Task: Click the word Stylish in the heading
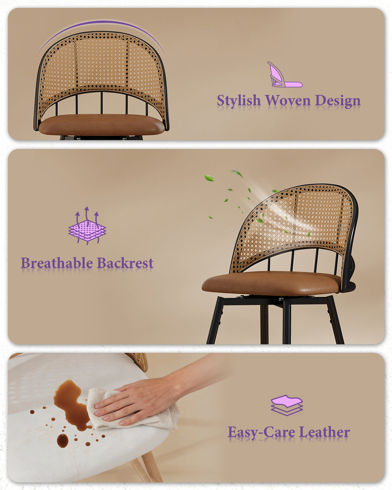coord(239,101)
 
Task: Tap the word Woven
coord(288,100)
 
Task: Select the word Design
coord(338,101)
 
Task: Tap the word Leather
coord(324,431)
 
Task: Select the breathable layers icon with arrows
coord(87,225)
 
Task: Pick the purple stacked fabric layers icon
coord(287,405)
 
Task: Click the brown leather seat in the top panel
coord(101,124)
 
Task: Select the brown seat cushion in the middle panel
coord(271,283)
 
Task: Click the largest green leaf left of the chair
coord(209,178)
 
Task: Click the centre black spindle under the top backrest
coord(101,103)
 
